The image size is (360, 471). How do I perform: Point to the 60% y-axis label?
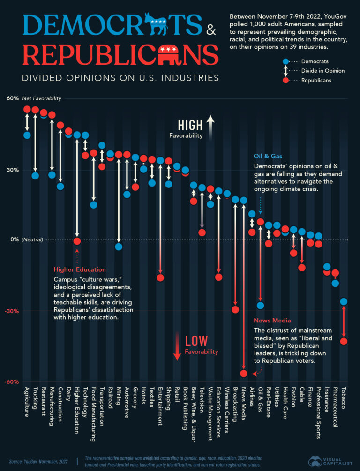(x=13, y=98)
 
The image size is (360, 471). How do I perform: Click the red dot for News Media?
(x=243, y=373)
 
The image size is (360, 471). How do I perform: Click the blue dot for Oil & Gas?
(x=260, y=306)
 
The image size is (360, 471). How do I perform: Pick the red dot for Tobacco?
(x=344, y=341)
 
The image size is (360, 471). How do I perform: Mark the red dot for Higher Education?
(x=77, y=241)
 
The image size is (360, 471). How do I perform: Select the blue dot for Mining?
(x=119, y=247)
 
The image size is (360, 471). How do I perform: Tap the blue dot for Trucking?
(x=35, y=176)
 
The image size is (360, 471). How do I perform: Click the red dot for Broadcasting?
(x=235, y=309)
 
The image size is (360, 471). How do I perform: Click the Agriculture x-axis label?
(x=27, y=403)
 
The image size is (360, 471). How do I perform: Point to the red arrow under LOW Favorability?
(x=177, y=346)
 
